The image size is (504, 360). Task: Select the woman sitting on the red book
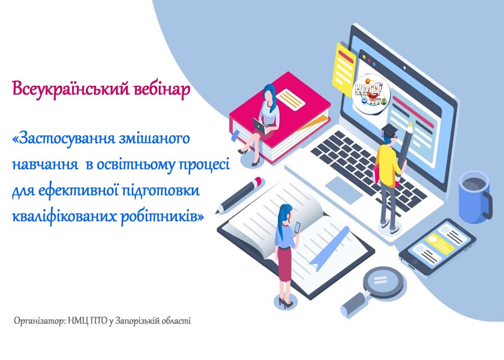pos(267,121)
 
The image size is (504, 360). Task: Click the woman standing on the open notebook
pos(286,251)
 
